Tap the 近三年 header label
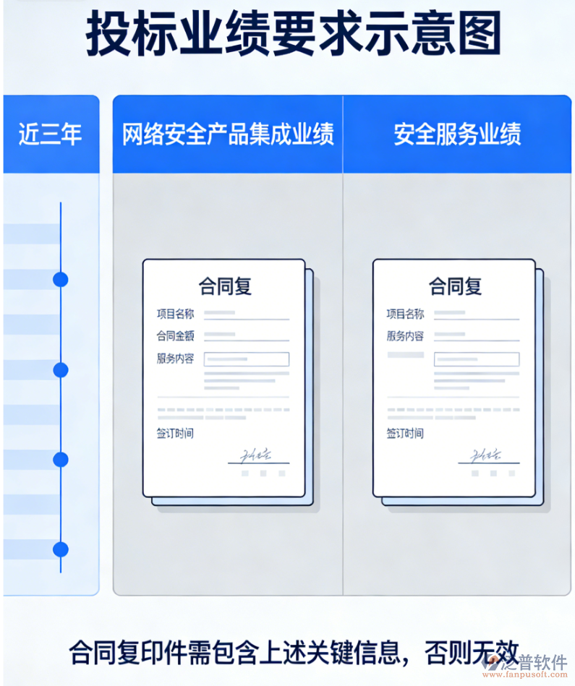click(50, 134)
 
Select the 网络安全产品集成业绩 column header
click(228, 134)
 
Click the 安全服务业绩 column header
click(457, 134)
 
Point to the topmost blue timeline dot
click(61, 279)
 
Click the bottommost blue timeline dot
click(61, 549)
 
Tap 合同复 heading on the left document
click(225, 286)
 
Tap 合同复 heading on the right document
click(455, 286)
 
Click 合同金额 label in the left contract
click(175, 336)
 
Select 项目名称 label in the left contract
click(175, 314)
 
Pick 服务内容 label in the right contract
click(405, 336)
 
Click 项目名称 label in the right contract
click(405, 314)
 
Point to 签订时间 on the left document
click(175, 434)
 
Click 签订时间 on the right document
click(405, 434)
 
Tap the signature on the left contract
click(257, 455)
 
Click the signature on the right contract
click(487, 455)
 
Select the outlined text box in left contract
click(247, 359)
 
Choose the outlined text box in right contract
click(477, 359)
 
